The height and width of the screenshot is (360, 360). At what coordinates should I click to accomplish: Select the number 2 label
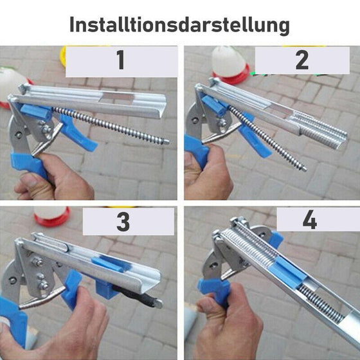coord(301,61)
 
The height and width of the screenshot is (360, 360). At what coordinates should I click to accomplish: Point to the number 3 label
coord(123,222)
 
